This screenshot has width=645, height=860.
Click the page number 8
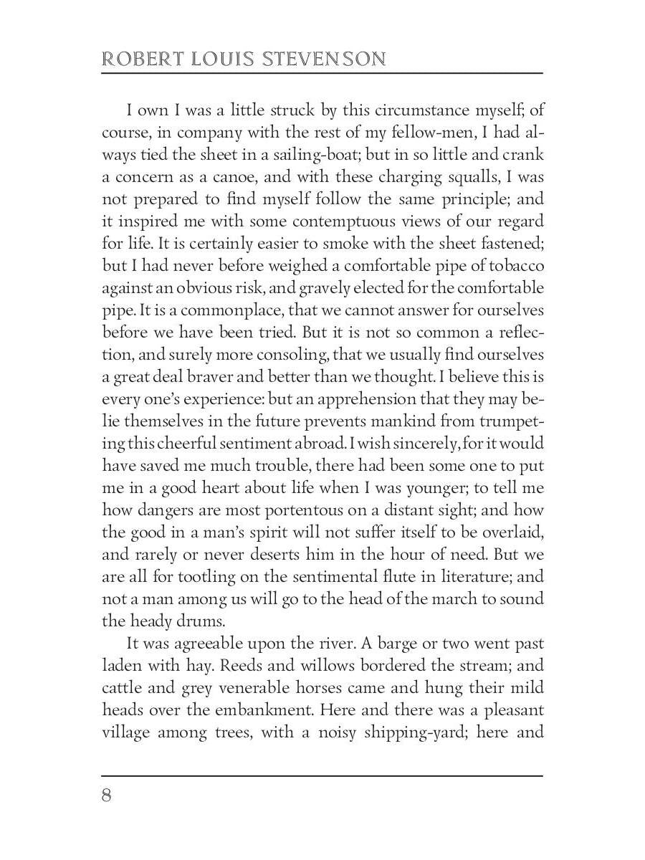107,796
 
